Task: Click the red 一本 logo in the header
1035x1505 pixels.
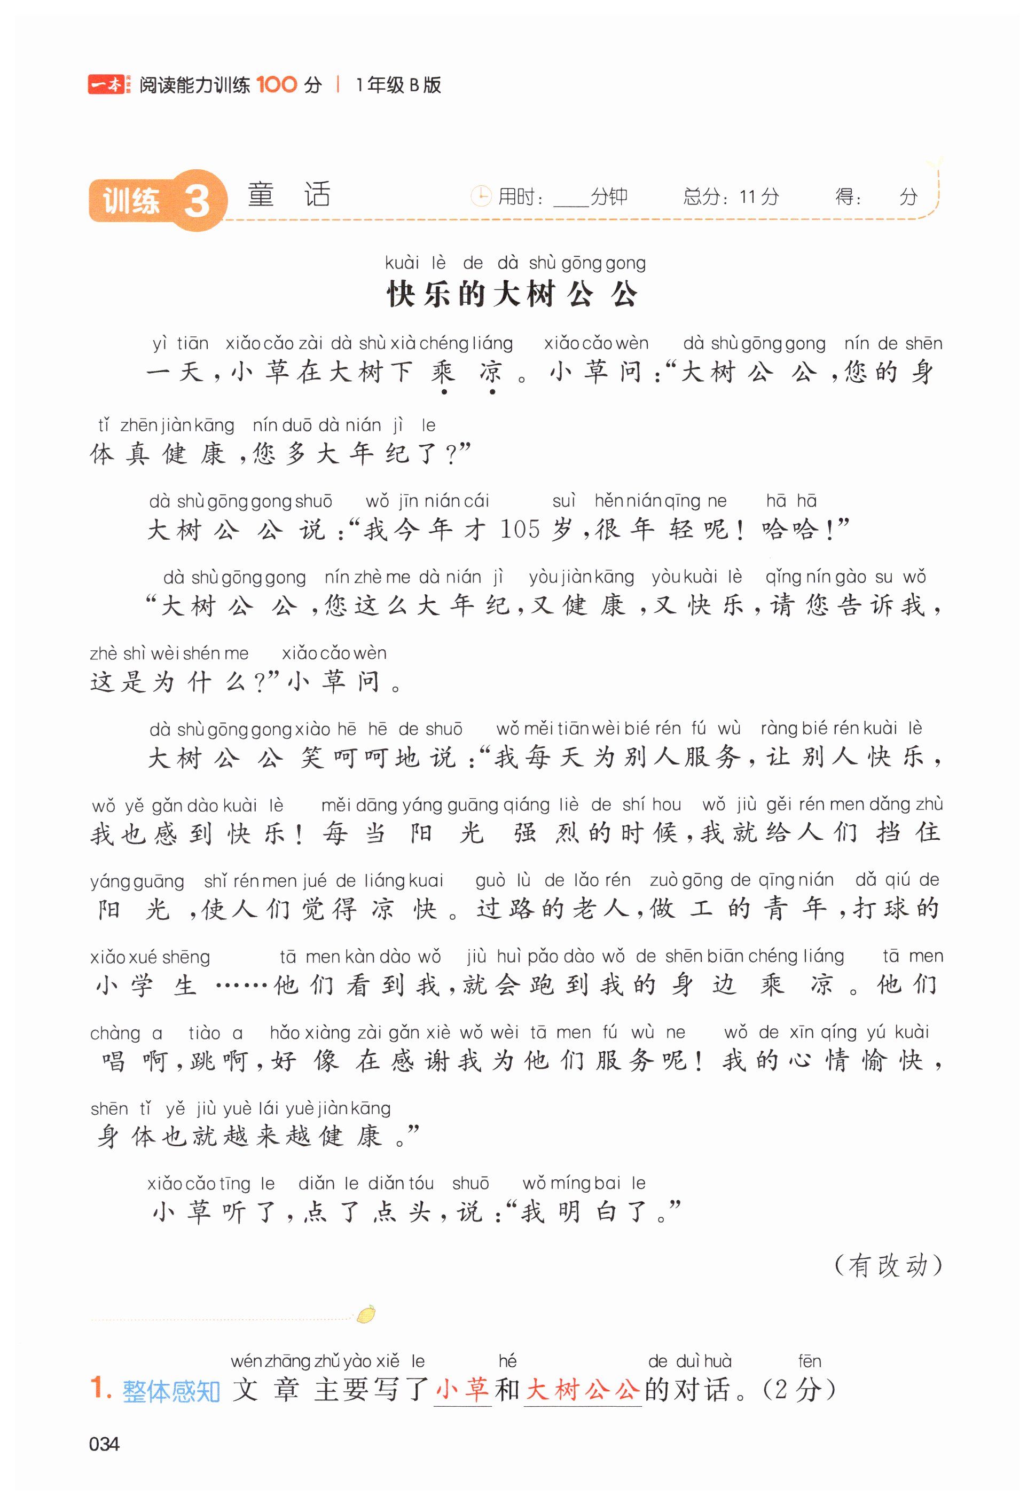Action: tap(106, 84)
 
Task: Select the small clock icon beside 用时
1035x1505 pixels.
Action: tap(481, 196)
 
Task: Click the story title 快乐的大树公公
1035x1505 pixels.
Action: tap(512, 295)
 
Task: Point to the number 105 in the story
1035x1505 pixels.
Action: tap(520, 530)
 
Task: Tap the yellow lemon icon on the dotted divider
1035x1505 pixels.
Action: tap(366, 1314)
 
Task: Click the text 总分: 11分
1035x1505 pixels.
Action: tap(731, 196)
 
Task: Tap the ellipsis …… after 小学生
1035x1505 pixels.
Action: tap(241, 987)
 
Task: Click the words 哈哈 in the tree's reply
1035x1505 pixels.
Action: tap(789, 530)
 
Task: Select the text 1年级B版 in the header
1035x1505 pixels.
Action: tap(398, 85)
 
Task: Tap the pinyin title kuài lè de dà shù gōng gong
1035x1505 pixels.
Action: tap(515, 263)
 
